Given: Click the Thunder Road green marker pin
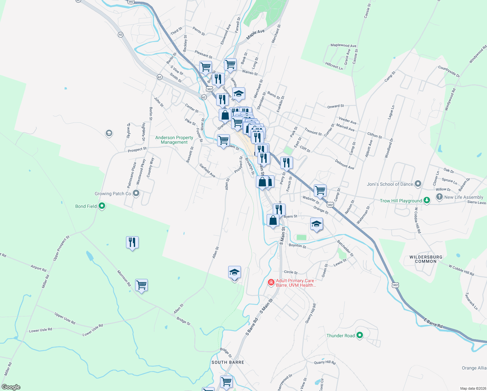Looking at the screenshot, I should tap(359, 335).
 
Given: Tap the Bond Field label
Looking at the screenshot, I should tap(86, 206).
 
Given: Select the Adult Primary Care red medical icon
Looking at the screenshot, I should tap(271, 282).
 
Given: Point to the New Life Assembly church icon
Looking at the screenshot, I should tap(439, 197).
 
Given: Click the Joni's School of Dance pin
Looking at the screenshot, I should tap(418, 184).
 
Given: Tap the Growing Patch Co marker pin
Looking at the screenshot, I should tap(136, 194).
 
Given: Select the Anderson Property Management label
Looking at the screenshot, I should tap(174, 140).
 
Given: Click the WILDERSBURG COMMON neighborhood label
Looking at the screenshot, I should tap(426, 259).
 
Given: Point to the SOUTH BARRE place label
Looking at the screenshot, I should tap(228, 362).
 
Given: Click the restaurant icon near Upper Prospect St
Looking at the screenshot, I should tap(132, 242).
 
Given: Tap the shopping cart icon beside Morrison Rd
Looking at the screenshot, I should tap(141, 285).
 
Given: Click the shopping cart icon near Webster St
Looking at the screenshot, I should tap(320, 190).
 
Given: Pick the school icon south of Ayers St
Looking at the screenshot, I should tap(316, 224).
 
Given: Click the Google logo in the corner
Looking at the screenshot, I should tap(11, 387).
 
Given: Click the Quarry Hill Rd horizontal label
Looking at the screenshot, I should tap(325, 362).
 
